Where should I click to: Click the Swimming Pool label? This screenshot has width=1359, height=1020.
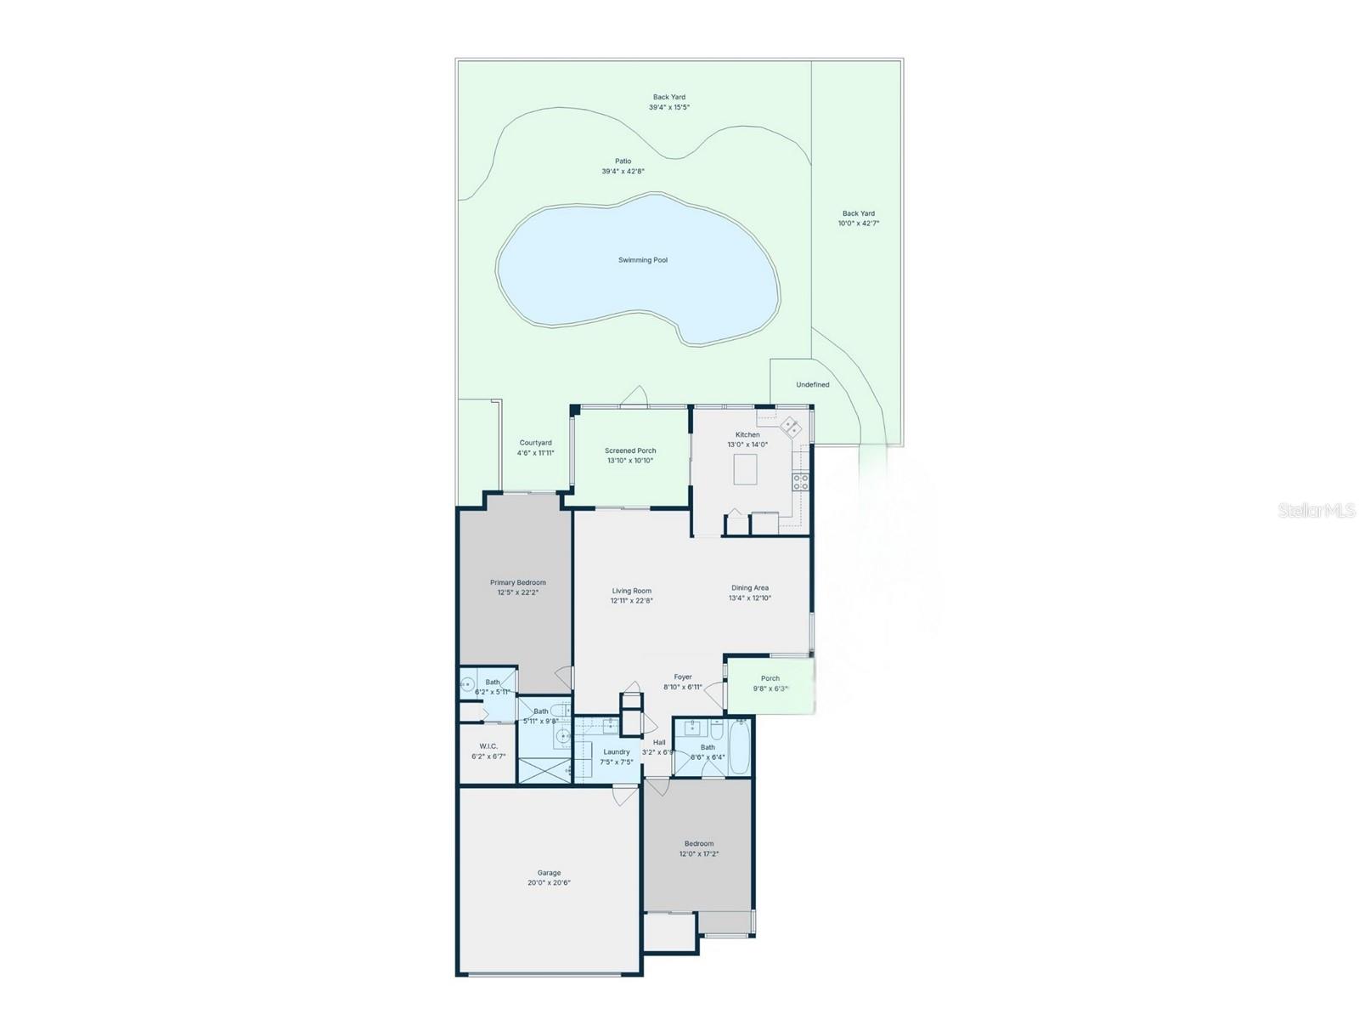click(x=642, y=260)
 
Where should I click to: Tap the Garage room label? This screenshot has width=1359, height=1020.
click(x=549, y=873)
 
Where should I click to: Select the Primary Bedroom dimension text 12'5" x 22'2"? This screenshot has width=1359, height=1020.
click(x=518, y=592)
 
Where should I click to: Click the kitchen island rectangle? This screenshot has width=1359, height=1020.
click(x=745, y=468)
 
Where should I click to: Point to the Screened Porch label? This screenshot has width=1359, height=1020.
click(x=630, y=451)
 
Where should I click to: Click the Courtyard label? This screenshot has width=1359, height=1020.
click(x=535, y=443)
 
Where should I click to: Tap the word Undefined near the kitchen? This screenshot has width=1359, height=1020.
click(x=812, y=385)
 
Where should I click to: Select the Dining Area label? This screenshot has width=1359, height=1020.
click(x=750, y=587)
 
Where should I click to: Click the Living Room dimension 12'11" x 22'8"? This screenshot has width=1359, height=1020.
click(x=631, y=601)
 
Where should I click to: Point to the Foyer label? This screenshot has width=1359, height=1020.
click(x=683, y=677)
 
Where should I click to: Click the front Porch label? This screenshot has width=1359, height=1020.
click(x=770, y=678)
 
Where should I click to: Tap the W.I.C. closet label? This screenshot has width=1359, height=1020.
click(x=488, y=746)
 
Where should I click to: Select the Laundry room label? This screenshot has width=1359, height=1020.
click(x=617, y=752)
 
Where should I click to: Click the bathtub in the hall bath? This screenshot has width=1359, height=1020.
click(x=739, y=747)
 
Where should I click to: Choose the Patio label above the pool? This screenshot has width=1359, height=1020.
click(x=623, y=161)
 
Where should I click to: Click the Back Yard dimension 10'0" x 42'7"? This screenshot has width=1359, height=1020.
click(x=858, y=224)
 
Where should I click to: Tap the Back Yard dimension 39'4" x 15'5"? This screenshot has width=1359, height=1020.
click(x=669, y=107)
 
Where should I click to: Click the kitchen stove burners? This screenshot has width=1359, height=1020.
click(x=800, y=482)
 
